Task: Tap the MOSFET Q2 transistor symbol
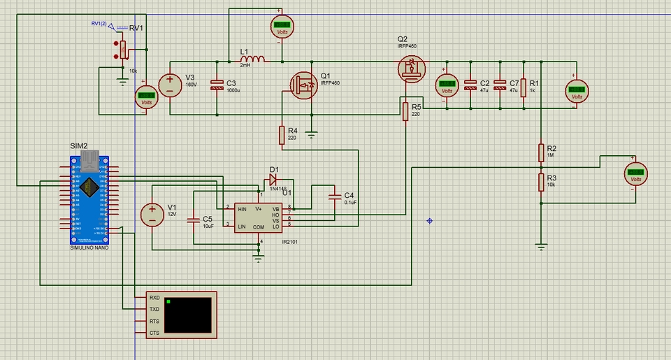411,69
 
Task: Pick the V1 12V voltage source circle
151,215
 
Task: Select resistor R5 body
405,111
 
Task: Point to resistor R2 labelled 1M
540,153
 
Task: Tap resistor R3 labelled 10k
540,182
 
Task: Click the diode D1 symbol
273,179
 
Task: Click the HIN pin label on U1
242,209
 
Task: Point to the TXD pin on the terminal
154,309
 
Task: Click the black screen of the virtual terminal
188,315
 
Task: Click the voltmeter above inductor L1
281,25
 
